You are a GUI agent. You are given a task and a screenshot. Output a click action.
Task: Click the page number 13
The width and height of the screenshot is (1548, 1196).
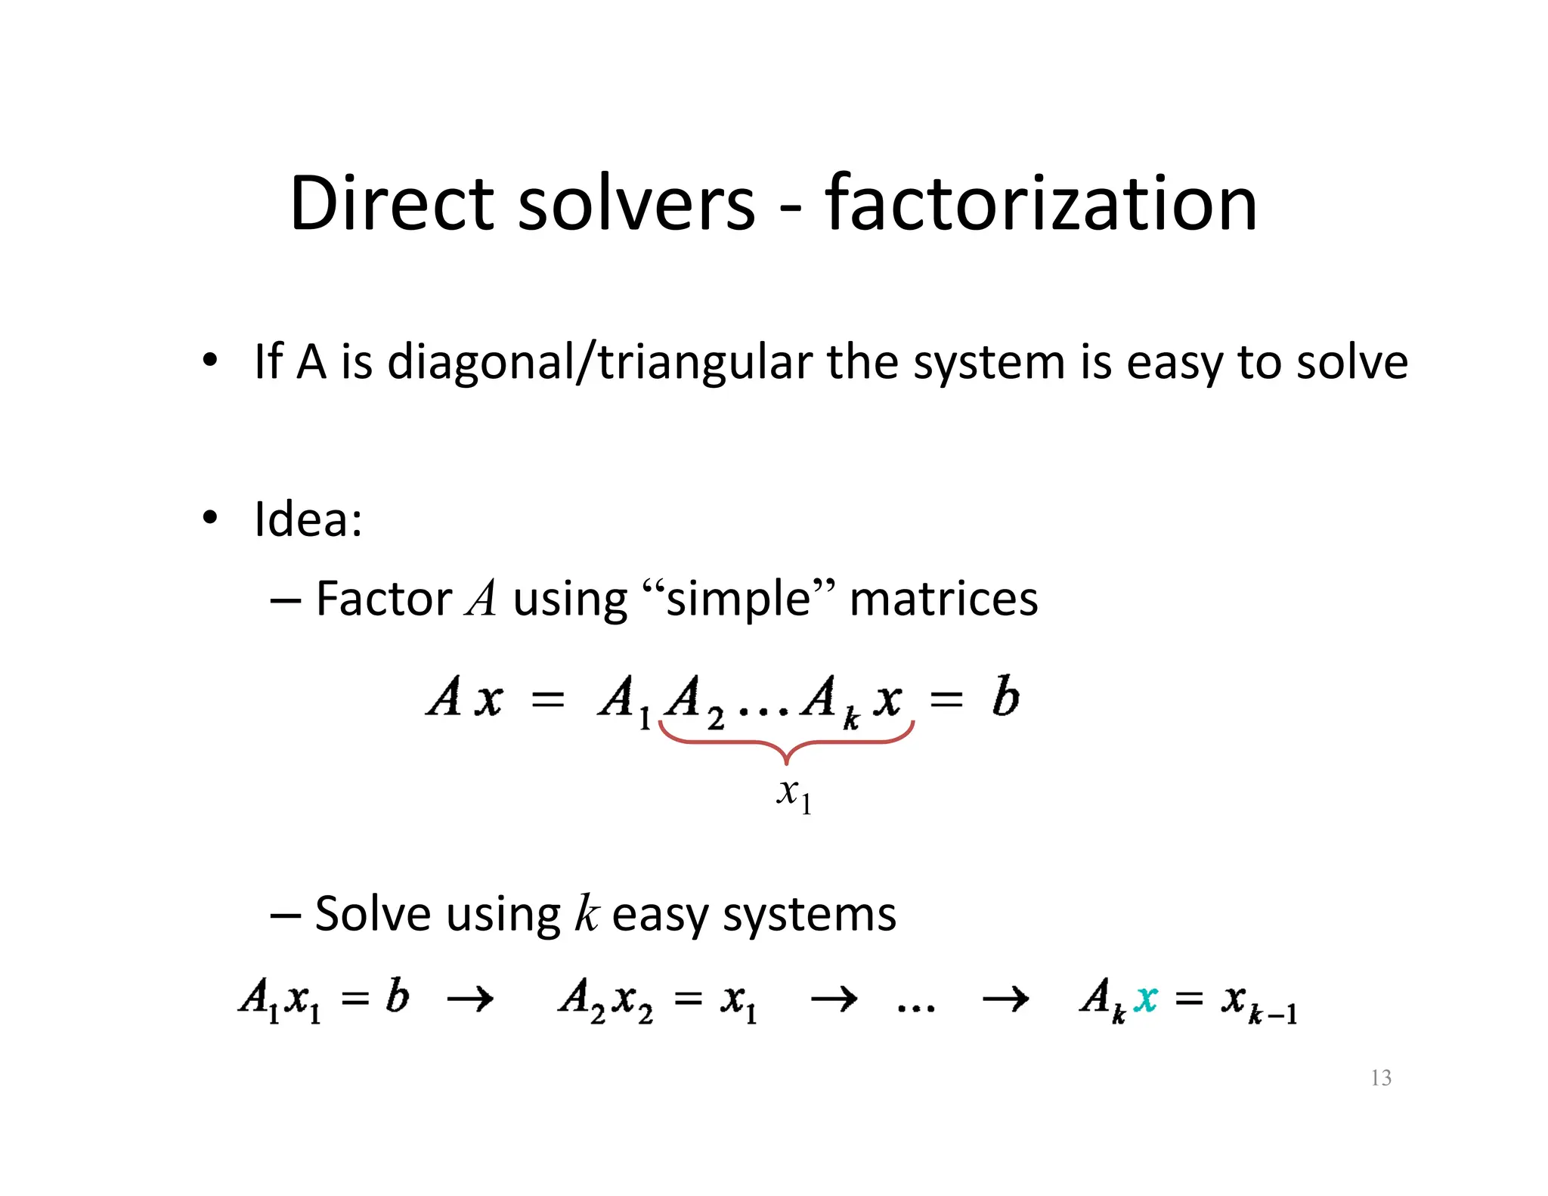tap(1380, 1077)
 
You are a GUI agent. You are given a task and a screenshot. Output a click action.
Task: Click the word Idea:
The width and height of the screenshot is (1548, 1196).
tap(308, 519)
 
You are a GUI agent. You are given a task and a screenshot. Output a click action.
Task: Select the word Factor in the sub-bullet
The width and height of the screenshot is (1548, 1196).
tap(383, 599)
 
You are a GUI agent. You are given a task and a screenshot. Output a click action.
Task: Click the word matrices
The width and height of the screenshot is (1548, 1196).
tap(943, 599)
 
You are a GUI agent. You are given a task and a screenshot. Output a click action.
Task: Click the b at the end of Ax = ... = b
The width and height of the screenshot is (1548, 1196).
tap(1006, 696)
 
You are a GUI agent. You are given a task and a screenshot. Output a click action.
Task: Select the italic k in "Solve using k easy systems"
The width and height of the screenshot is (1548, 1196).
tap(586, 914)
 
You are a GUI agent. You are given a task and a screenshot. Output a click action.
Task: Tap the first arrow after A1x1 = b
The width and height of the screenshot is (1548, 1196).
tap(470, 999)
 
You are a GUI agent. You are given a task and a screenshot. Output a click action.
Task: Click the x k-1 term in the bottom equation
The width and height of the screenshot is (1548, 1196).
tap(1259, 1002)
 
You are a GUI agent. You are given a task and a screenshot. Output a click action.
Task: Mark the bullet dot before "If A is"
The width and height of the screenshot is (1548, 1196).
tap(210, 360)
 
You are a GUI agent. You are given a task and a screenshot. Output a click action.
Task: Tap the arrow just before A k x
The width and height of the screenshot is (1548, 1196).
tap(1005, 999)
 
